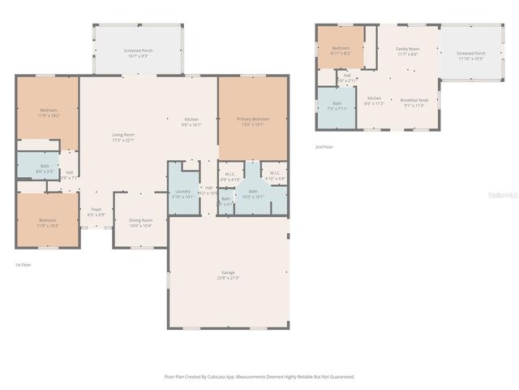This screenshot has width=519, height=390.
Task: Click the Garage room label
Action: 228,275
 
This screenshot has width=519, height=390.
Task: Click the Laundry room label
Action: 183,193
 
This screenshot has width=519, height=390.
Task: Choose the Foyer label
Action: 97,211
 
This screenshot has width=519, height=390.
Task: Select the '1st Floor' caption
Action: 24,265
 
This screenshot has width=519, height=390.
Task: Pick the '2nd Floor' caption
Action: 324,147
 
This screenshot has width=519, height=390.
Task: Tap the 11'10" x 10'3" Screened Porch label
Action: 471,56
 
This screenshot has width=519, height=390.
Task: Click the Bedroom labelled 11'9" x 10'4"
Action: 49,222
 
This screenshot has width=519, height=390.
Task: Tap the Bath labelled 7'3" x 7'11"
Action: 337,106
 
